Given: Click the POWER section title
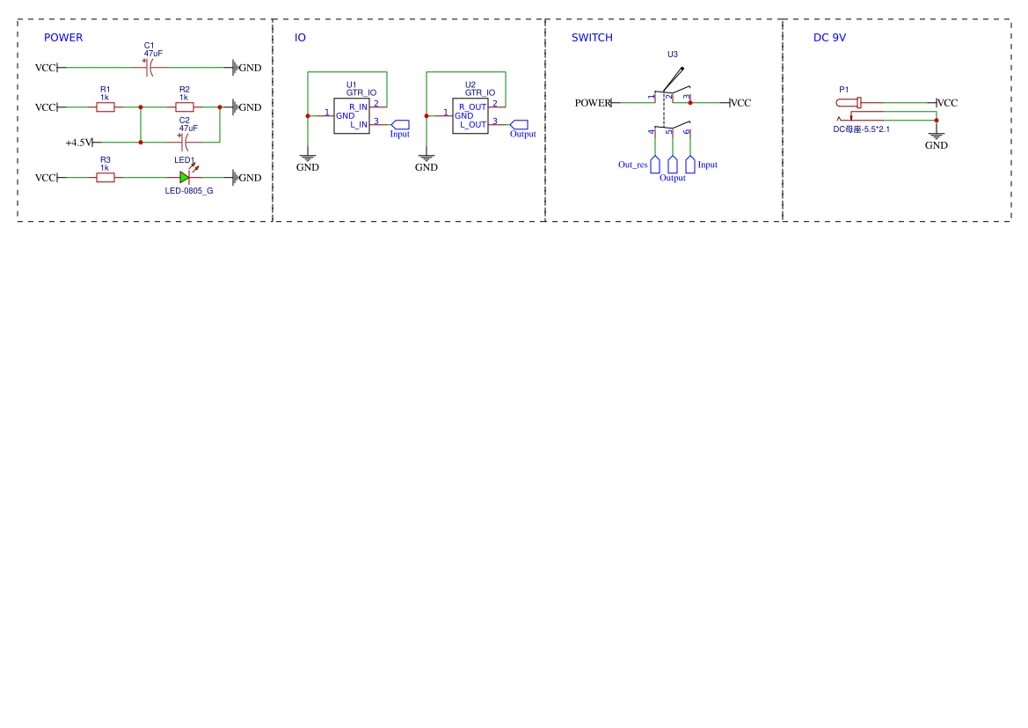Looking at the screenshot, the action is tap(63, 38).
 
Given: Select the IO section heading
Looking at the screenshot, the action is tap(300, 38).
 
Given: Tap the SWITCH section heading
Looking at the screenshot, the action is tap(592, 38).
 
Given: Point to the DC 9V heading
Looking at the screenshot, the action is tap(829, 38).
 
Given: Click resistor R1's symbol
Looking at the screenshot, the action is tap(106, 107).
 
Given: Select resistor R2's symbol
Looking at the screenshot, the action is tap(185, 107).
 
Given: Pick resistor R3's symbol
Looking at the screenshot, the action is tap(106, 177).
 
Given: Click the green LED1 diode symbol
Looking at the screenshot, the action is tap(185, 177).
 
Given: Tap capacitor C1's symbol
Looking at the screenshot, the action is tap(149, 67).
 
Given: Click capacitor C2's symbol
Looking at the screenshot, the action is tap(184, 142).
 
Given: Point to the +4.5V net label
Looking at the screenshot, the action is tap(78, 143).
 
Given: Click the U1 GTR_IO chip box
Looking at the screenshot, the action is tap(352, 116).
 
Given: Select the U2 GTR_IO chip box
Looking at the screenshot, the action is tap(470, 116).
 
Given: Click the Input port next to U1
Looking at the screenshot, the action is tap(400, 125).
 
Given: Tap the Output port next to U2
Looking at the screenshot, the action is tap(519, 125).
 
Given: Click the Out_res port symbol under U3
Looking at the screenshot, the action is tap(655, 164).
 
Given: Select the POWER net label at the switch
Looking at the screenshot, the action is tap(593, 103).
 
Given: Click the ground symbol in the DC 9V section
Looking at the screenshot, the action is tap(937, 135).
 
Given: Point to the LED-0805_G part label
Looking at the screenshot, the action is tap(189, 191).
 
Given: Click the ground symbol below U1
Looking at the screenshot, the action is tap(308, 158).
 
